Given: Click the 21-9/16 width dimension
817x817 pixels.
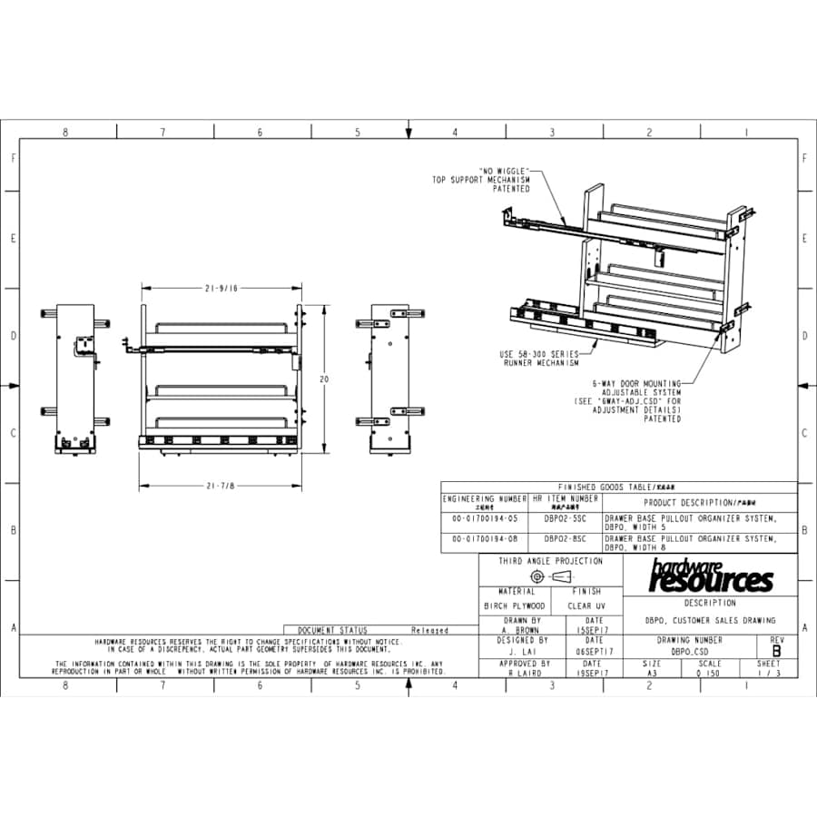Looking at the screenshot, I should [x=220, y=288].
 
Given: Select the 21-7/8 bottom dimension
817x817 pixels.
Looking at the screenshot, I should [x=220, y=486].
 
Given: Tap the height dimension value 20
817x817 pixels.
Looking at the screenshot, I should [x=323, y=379].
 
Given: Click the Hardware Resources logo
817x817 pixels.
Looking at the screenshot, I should [x=711, y=575].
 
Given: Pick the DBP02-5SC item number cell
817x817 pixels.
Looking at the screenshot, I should [x=565, y=518].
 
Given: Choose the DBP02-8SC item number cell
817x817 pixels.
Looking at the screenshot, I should [x=565, y=538].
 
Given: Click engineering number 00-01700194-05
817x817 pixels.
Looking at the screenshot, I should [x=484, y=518].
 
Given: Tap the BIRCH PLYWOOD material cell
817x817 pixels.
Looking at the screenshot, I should [x=515, y=605].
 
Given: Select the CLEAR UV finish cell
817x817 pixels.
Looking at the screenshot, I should [x=586, y=605].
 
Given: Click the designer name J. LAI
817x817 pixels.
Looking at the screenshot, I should [x=516, y=652].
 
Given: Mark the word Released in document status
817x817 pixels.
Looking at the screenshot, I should [x=429, y=630].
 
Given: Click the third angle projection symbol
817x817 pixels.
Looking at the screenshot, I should [x=550, y=576].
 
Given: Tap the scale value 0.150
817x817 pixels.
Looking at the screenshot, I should [x=709, y=674].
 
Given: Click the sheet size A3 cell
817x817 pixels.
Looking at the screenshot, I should [x=652, y=674].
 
